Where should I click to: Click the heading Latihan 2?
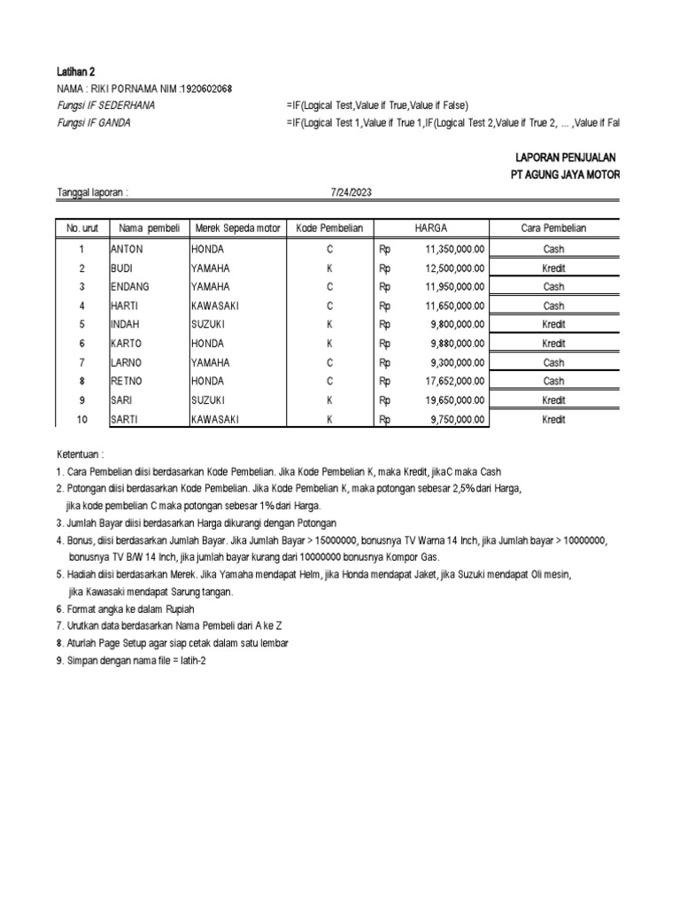pos(75,72)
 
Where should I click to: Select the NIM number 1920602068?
pos(208,89)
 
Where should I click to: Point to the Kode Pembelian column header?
pos(329,229)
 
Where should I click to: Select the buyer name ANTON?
pos(127,249)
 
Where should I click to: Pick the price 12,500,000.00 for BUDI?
pos(454,267)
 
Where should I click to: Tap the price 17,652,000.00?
pos(454,381)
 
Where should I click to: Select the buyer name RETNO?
pos(127,381)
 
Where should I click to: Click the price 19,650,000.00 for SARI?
pos(454,400)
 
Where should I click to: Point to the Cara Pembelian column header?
pos(553,229)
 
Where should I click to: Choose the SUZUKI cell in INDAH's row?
pos(208,324)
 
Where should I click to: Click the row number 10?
pos(81,419)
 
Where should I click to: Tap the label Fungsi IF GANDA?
pos(94,122)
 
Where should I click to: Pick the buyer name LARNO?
pos(127,362)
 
